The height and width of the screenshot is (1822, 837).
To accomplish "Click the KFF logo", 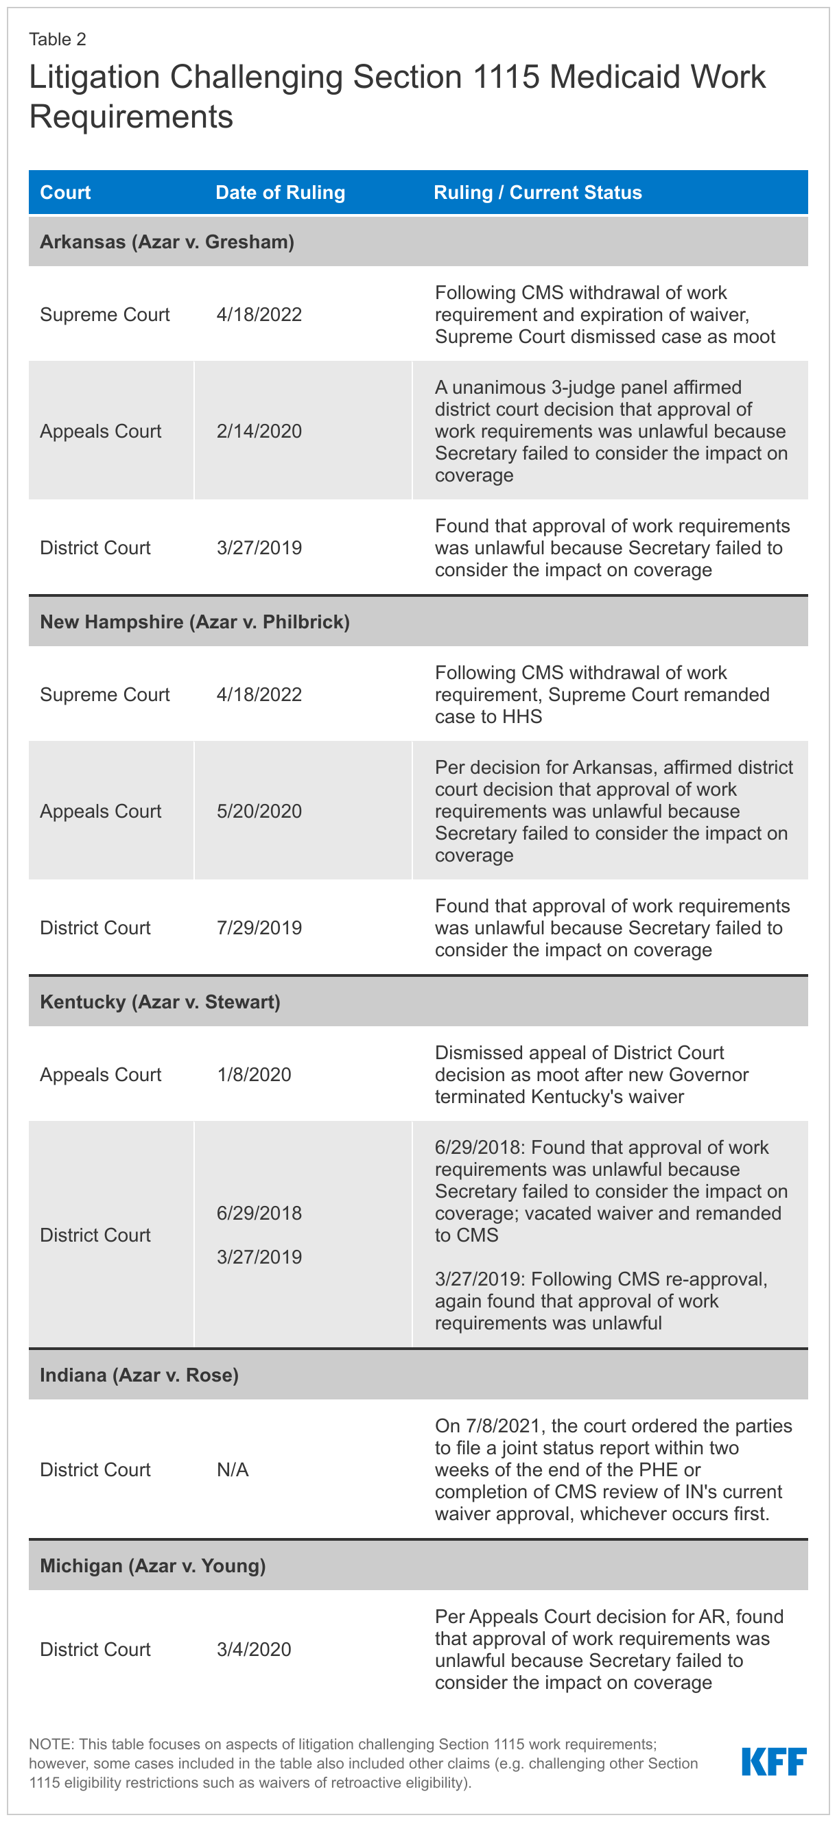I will (773, 1761).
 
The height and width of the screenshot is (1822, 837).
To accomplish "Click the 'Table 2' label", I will (58, 40).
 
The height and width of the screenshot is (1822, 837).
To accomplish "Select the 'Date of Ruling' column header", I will (280, 192).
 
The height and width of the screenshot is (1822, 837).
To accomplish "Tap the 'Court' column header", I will (65, 192).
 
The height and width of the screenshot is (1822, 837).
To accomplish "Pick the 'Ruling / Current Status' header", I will (538, 192).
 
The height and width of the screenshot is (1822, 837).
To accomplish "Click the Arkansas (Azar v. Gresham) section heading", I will (167, 242).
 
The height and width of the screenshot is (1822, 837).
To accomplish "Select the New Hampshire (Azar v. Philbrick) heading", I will (195, 622).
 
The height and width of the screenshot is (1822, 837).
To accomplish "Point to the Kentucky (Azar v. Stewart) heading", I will (160, 1002).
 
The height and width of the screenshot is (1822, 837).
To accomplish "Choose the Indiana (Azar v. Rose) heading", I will (139, 1375).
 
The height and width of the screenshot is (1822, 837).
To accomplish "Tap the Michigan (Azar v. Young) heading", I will (153, 1566).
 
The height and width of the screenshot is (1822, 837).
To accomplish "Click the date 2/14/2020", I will (259, 431).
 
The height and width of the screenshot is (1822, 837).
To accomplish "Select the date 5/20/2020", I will (259, 812).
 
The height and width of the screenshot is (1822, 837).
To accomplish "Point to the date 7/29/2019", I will (259, 928).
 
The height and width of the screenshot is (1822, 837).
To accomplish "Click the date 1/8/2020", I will (254, 1075).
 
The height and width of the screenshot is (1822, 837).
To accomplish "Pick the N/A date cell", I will (233, 1470).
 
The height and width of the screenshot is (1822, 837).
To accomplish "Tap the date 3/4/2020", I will (254, 1649).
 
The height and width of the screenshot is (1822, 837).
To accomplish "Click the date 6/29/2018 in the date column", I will (259, 1213).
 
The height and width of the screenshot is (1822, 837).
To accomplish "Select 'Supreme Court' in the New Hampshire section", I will (105, 694).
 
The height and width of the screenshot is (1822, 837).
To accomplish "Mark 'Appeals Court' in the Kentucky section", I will (100, 1075).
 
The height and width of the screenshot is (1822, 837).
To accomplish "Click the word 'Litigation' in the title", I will (94, 77).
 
